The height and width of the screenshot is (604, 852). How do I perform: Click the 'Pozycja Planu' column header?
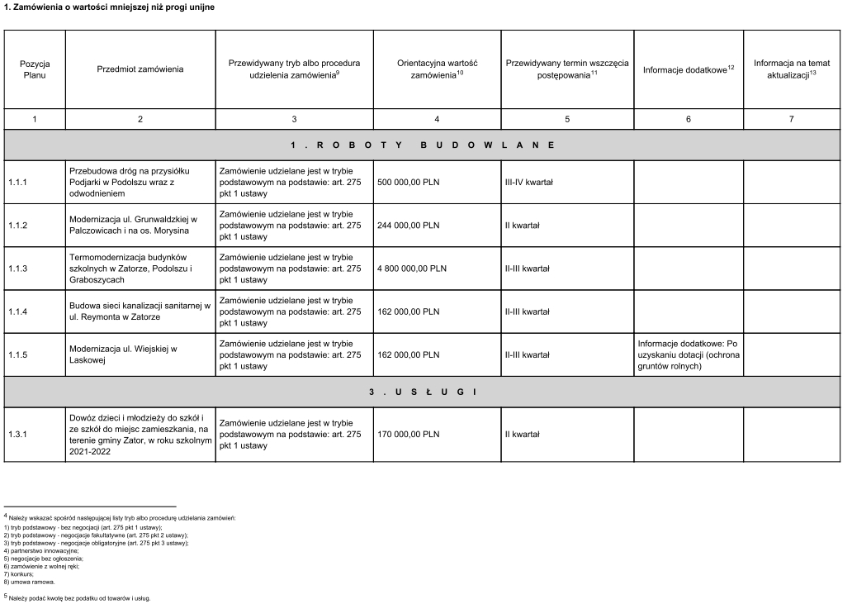[x=35, y=69]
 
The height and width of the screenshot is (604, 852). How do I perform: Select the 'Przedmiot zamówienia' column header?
[x=140, y=69]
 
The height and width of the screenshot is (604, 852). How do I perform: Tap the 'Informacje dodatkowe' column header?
[x=688, y=69]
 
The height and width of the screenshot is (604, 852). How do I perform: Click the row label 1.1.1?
[x=18, y=182]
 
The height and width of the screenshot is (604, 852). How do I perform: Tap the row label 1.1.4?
[x=18, y=312]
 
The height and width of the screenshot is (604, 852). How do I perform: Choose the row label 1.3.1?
[x=18, y=434]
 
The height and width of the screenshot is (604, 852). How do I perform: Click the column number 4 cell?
[x=437, y=120]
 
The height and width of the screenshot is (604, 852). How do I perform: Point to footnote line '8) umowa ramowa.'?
[x=31, y=581]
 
